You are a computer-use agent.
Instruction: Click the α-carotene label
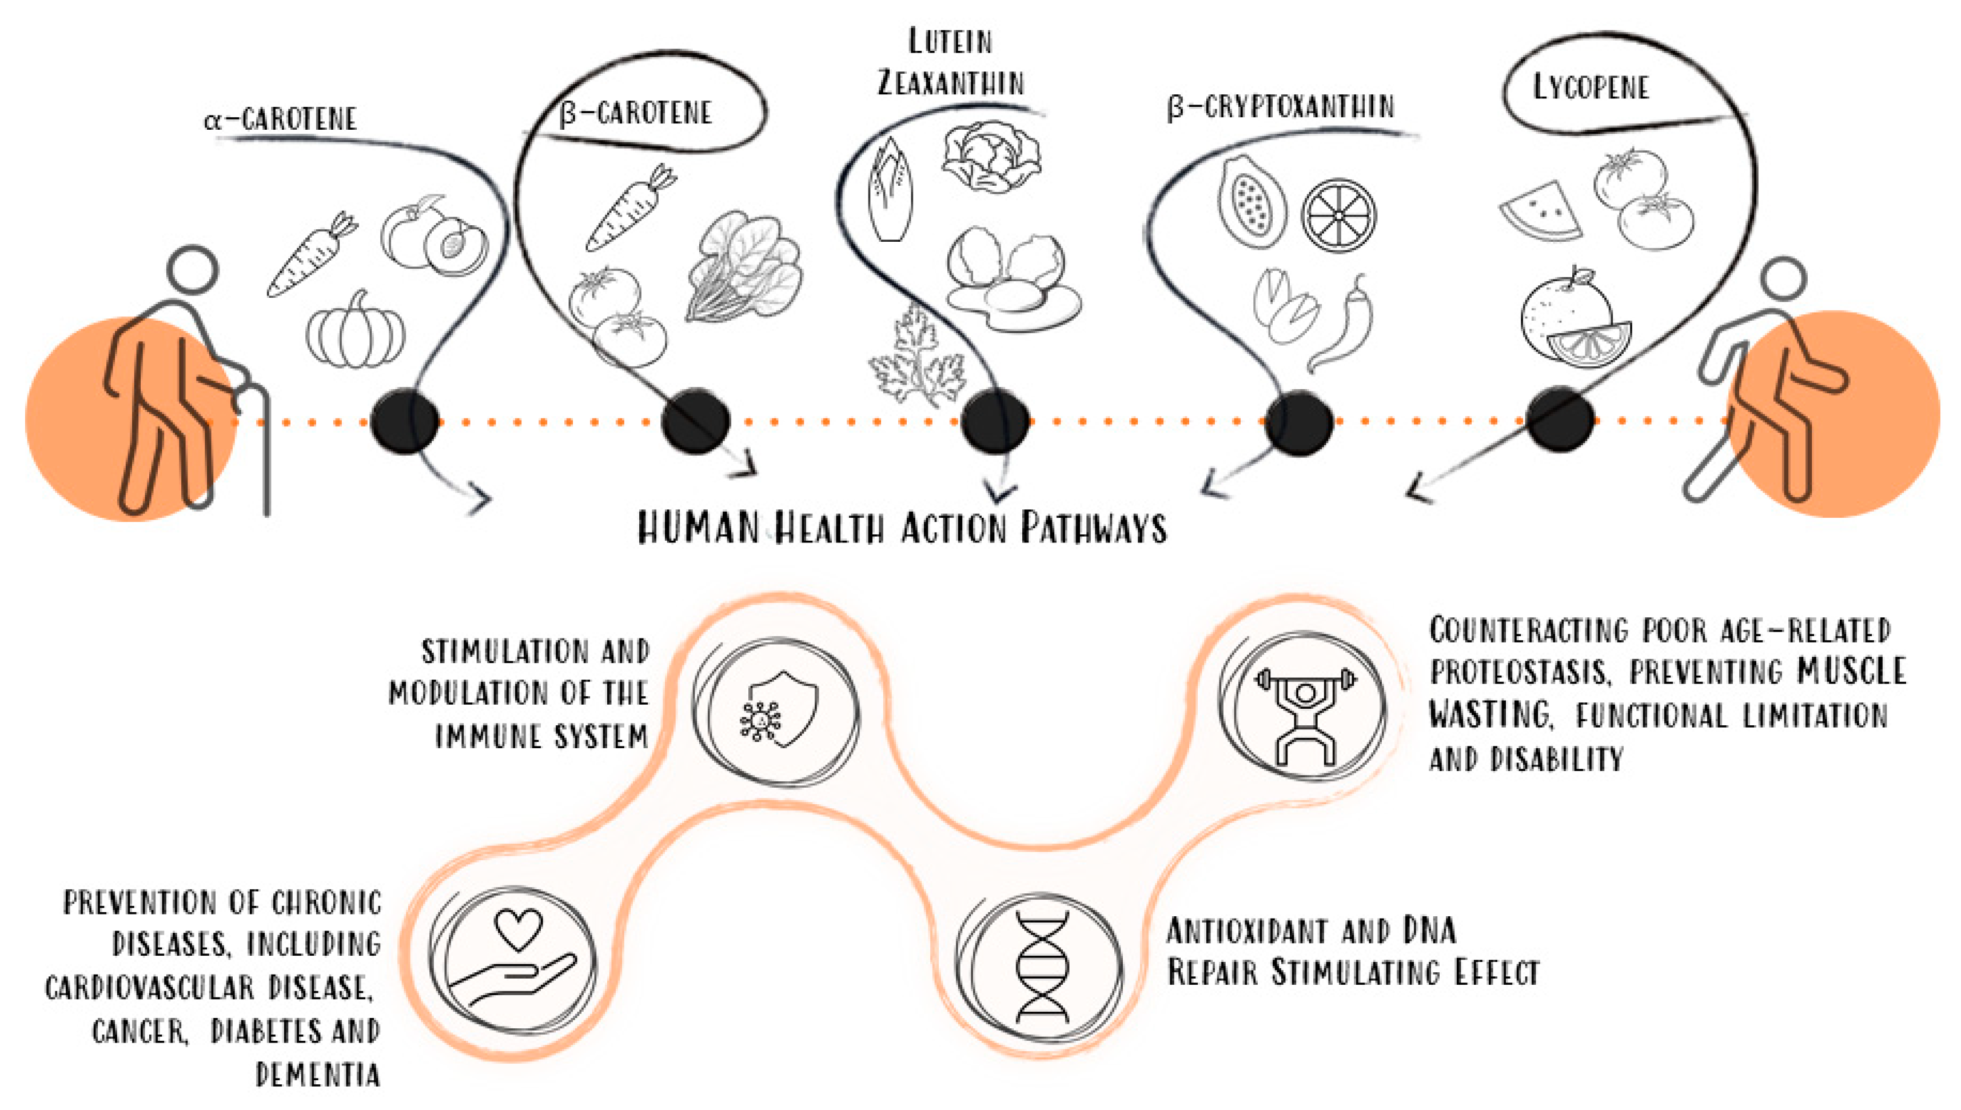click(x=281, y=119)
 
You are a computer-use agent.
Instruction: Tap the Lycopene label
click(x=1591, y=87)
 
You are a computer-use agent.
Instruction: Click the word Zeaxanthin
click(x=951, y=82)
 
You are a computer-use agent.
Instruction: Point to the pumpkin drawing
click(x=355, y=331)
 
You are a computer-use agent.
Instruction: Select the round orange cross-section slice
click(x=1338, y=215)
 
